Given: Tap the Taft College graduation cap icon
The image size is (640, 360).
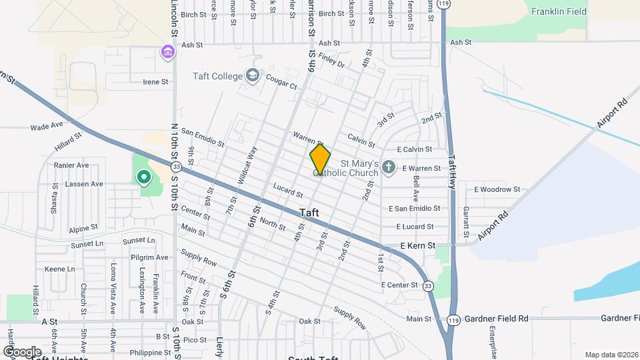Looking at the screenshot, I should pos(253,75).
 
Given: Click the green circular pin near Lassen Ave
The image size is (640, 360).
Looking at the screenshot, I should pos(143,177).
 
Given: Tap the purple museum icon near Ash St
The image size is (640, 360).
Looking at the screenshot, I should pos(167,51).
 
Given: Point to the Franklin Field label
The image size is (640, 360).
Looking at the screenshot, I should pos(559,11).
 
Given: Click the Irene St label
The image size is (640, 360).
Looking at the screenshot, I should pos(155,82).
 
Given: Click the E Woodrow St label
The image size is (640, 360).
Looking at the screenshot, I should pos(497,189).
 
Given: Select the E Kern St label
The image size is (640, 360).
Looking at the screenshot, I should pos(417,246).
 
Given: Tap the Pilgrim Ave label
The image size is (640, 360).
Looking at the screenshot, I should pos(149,257).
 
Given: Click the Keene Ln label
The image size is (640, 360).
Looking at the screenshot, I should pos(60,269).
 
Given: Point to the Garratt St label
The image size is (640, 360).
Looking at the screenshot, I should pos(465,221).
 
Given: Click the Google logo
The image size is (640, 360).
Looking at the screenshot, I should pos(22,351).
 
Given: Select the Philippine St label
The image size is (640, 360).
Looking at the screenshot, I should pos(150,353).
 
